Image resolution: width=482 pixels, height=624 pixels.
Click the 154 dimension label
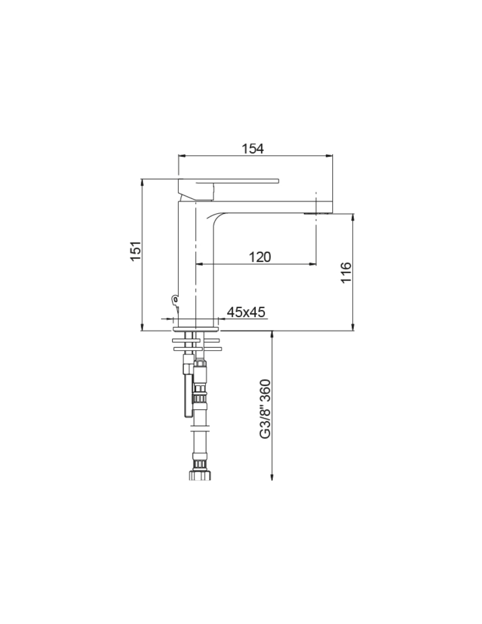pos(252,149)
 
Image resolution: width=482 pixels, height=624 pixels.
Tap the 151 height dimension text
pos(136,251)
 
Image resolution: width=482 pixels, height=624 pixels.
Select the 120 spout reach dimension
pos(259,257)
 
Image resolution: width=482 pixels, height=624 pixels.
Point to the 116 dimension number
pos(346,273)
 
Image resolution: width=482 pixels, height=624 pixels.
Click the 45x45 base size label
pos(246,312)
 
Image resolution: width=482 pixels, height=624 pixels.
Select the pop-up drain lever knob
pos(175,300)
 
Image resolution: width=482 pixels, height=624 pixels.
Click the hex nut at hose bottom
pos(200,475)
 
